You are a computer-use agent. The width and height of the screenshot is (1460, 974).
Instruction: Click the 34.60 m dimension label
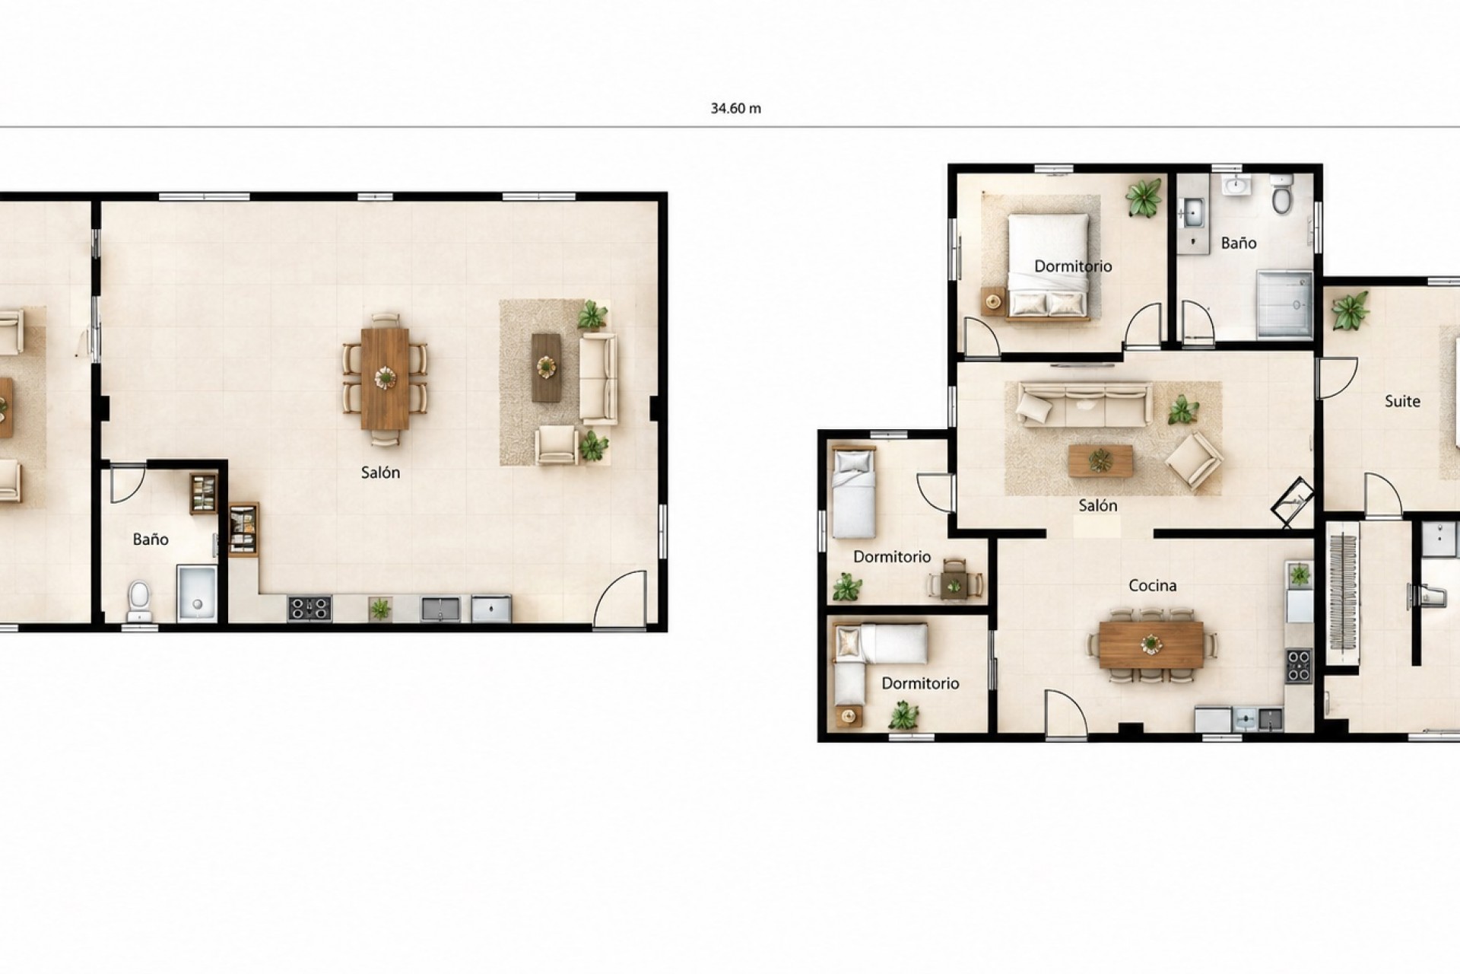click(735, 108)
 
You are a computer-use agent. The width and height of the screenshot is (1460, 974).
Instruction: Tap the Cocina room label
click(1152, 585)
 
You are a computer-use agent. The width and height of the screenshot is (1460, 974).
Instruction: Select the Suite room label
click(1402, 401)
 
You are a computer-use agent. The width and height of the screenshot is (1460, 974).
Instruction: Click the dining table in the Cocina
click(1151, 645)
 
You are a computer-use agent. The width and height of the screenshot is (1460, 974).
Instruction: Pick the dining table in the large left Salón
click(386, 377)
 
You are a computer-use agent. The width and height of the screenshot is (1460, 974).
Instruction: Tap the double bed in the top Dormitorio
click(1049, 266)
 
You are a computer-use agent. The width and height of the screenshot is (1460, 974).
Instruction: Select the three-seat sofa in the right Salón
click(1083, 403)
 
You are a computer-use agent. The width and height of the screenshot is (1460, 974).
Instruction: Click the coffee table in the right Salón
click(1100, 461)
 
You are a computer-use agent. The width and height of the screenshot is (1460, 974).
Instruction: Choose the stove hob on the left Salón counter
click(309, 608)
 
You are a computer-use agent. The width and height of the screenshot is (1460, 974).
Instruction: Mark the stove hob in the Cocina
click(1298, 665)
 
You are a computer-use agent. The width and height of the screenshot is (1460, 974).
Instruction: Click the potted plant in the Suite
click(1350, 312)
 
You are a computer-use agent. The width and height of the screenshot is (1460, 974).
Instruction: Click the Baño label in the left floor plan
click(151, 540)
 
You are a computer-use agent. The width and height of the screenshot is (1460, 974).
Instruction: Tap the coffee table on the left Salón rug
click(546, 368)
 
